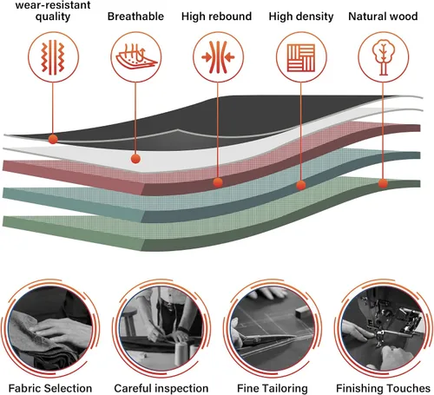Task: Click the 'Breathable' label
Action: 135,16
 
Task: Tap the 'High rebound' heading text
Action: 216,16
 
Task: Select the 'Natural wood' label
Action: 383,16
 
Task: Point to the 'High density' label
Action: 301,16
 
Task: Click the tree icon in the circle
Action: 383,57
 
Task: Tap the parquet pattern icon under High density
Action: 301,57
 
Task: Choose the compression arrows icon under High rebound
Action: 218,57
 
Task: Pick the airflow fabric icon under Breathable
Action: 136,56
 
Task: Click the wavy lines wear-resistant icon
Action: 53,57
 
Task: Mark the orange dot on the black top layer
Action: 53,139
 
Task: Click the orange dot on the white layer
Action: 135,159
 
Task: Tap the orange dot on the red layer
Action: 218,182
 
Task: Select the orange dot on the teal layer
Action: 301,185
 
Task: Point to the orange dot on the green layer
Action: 383,183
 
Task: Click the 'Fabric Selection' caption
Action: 50,388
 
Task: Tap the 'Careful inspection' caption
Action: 161,388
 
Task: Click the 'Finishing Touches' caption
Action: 383,388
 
